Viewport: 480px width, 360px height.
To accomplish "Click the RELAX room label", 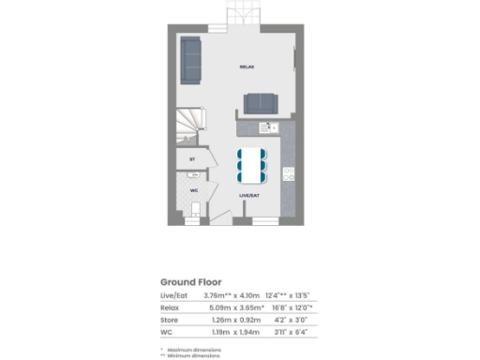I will coord(247,67).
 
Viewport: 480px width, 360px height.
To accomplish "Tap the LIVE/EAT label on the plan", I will coord(248,195).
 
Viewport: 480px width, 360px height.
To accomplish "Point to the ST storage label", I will coord(192,159).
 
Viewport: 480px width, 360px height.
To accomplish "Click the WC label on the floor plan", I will coord(194,190).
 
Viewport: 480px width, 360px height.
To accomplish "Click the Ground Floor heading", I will coord(189,281).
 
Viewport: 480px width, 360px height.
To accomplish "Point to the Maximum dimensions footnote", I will coord(194,349).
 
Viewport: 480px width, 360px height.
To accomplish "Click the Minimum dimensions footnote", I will coord(194,355).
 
